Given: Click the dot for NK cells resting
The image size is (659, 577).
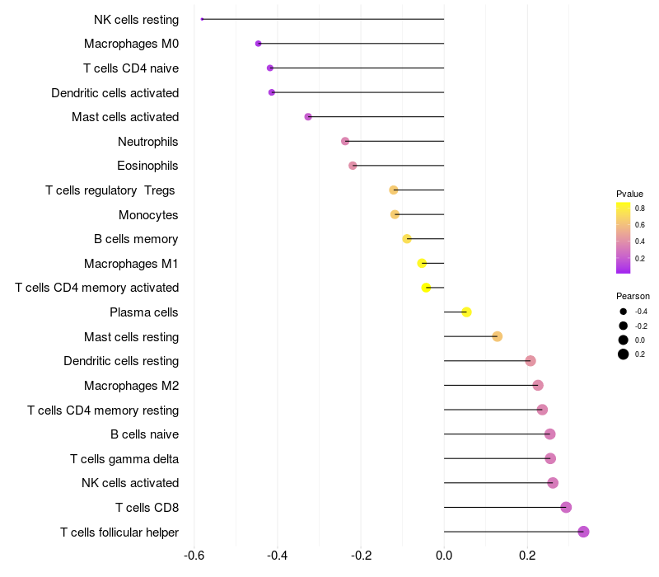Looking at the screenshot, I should [x=202, y=19].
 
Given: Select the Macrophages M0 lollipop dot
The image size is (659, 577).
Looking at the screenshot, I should [x=259, y=44].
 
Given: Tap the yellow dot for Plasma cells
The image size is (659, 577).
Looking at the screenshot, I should [x=466, y=312].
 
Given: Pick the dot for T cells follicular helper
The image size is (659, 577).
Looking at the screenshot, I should [x=583, y=532].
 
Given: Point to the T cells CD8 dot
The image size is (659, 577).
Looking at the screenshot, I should [x=566, y=507].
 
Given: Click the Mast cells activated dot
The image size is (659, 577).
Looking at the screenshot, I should [x=308, y=117].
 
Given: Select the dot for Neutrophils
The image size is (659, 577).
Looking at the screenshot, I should [x=345, y=142].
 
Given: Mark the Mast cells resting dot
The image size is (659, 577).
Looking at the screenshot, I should [x=497, y=336].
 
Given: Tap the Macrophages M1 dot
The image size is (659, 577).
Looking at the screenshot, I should [x=422, y=264].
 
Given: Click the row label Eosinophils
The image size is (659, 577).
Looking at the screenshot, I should [x=147, y=166].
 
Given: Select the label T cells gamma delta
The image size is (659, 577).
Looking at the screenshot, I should [x=124, y=458].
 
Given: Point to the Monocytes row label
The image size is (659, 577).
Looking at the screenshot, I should [x=148, y=214].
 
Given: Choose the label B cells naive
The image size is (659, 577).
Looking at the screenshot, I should [x=144, y=434].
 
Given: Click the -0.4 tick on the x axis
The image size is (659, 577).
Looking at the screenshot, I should [x=278, y=556].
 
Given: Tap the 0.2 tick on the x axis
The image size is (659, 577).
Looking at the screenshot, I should [x=527, y=556].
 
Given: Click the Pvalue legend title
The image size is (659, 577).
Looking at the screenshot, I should [x=629, y=194].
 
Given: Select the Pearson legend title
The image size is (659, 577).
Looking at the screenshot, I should [x=633, y=296].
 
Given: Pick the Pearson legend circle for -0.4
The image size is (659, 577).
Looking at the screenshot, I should [x=624, y=312].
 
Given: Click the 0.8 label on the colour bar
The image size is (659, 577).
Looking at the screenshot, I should [x=640, y=209].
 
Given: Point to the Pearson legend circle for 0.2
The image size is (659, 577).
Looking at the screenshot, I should [x=624, y=354].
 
